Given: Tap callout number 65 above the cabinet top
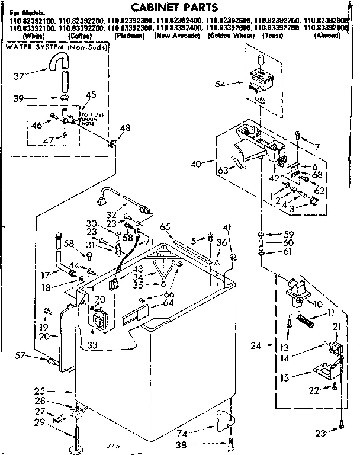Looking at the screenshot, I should coord(165,227).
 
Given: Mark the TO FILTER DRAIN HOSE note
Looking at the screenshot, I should coord(90,118).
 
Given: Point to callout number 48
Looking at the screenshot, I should coord(124,128).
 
